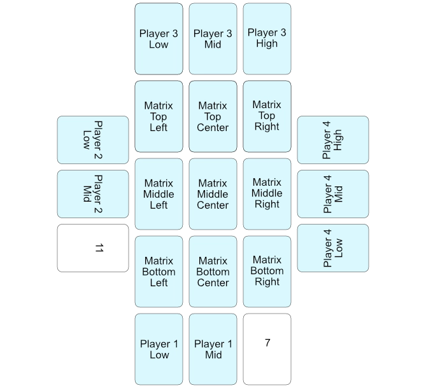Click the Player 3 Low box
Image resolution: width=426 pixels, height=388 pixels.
click(159, 39)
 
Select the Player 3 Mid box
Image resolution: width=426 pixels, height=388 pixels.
click(213, 39)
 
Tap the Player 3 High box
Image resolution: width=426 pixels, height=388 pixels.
click(267, 39)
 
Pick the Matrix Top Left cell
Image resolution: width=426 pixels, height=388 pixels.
click(159, 116)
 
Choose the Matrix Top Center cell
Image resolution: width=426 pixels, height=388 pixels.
click(213, 116)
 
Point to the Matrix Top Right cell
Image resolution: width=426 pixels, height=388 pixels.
click(267, 116)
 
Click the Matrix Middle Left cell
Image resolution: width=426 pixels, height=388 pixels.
click(159, 194)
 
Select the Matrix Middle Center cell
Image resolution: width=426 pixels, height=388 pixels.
click(213, 194)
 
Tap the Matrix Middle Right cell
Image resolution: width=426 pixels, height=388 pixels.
click(267, 194)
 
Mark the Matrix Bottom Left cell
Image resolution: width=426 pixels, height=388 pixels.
click(159, 272)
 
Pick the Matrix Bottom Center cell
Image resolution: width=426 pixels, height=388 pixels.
click(213, 272)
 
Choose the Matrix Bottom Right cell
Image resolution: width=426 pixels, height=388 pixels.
click(267, 272)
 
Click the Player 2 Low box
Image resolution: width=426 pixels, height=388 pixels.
click(92, 140)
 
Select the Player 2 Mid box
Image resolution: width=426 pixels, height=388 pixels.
click(92, 194)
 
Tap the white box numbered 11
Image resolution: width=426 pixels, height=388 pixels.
click(92, 248)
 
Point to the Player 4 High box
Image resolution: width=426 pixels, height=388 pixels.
click(333, 140)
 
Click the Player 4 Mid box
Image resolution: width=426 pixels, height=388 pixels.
click(333, 194)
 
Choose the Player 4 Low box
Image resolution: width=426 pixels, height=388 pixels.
click(333, 248)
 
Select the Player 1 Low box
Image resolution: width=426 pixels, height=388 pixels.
click(159, 349)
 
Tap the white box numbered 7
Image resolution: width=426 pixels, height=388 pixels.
click(267, 349)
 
